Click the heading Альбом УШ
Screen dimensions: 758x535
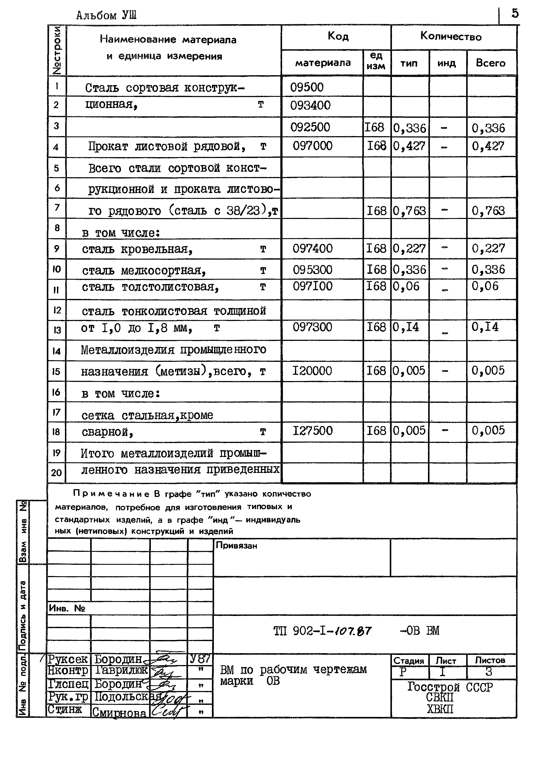point(106,15)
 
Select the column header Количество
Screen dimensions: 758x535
point(451,36)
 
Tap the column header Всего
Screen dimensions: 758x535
point(491,63)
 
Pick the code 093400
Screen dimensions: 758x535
point(310,105)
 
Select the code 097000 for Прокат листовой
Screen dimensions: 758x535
point(312,146)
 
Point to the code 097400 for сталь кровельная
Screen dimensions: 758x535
point(312,248)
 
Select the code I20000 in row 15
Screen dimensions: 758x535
point(312,371)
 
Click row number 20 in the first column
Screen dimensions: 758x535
point(56,473)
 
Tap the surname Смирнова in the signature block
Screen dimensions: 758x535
point(119,713)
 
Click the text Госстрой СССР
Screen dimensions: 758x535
point(450,687)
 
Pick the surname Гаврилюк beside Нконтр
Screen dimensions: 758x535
point(121,670)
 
